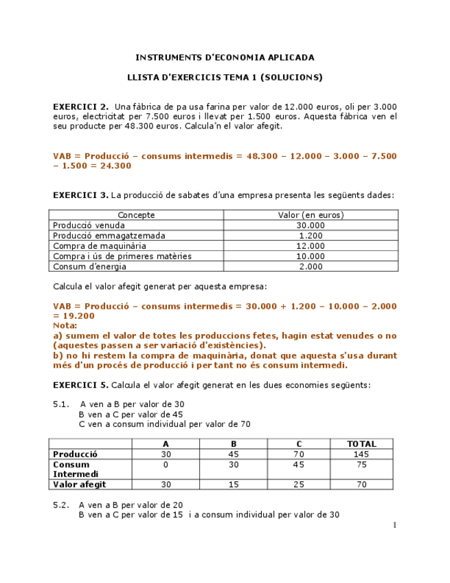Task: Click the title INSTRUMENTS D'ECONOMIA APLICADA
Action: tap(225, 57)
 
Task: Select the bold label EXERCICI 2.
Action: tap(80, 107)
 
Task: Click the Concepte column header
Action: tap(136, 215)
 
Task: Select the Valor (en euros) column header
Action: tap(311, 215)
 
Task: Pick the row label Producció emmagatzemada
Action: tap(109, 236)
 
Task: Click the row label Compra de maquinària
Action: tap(100, 246)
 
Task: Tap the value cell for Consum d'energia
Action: tap(311, 267)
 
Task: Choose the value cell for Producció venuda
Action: tap(311, 225)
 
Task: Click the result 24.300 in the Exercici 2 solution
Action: tap(114, 166)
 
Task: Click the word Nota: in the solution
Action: tap(65, 325)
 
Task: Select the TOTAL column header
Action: tap(361, 444)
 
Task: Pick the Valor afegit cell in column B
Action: tap(234, 485)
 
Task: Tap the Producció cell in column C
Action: tap(298, 454)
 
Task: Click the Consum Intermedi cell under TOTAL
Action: tap(361, 465)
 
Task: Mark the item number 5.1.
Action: tap(61, 404)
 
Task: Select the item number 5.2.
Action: tap(61, 505)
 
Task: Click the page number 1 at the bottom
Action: tap(394, 525)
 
